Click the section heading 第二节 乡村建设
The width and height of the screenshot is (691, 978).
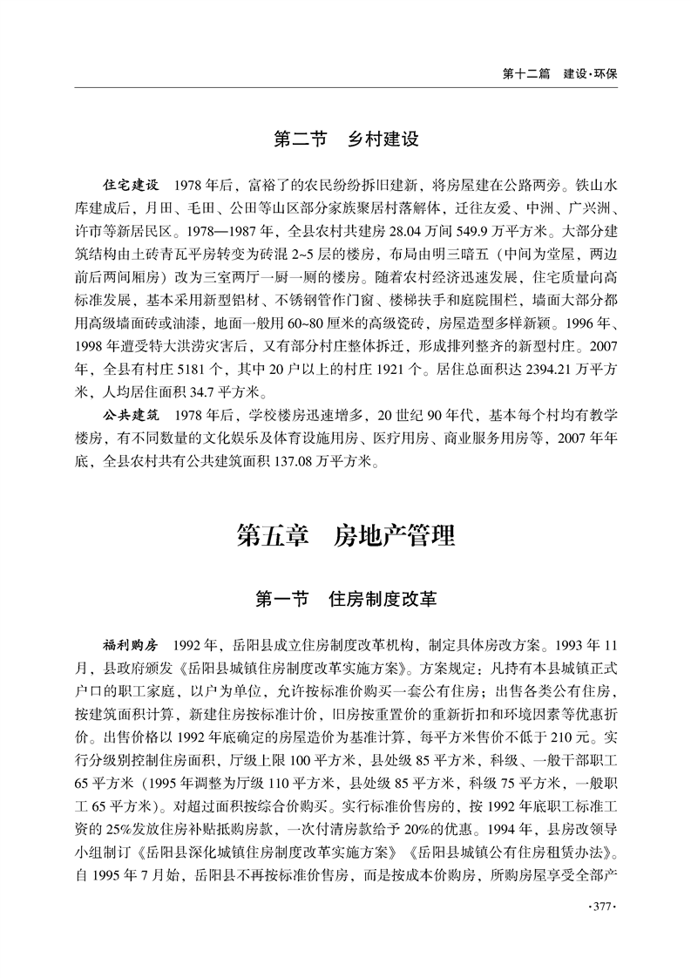(x=346, y=139)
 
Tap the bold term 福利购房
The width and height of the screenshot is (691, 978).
(x=132, y=646)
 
